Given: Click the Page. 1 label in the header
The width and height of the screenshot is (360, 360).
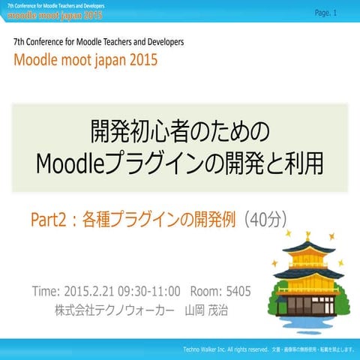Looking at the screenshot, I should tap(326, 13).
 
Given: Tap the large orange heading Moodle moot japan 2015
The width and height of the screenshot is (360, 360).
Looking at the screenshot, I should tap(85, 61).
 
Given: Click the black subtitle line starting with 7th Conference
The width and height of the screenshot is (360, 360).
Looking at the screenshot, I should tap(98, 43).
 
